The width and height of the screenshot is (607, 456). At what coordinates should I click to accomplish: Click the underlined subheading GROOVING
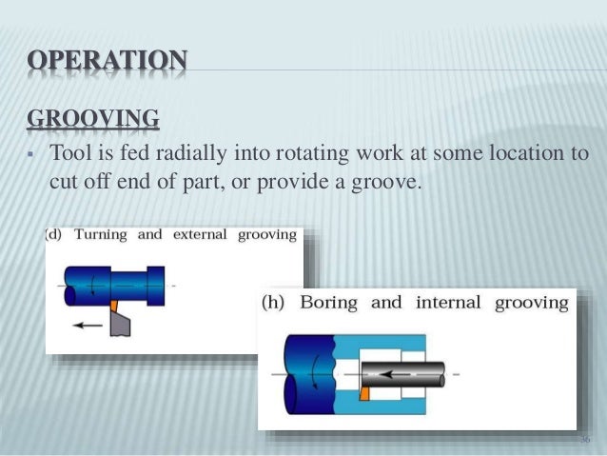coord(92,119)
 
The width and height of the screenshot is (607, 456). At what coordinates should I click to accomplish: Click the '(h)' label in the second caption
coord(277,304)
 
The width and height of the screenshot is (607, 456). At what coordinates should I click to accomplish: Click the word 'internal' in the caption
coord(447,304)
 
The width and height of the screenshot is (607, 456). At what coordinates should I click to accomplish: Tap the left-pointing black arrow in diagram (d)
coord(88,325)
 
